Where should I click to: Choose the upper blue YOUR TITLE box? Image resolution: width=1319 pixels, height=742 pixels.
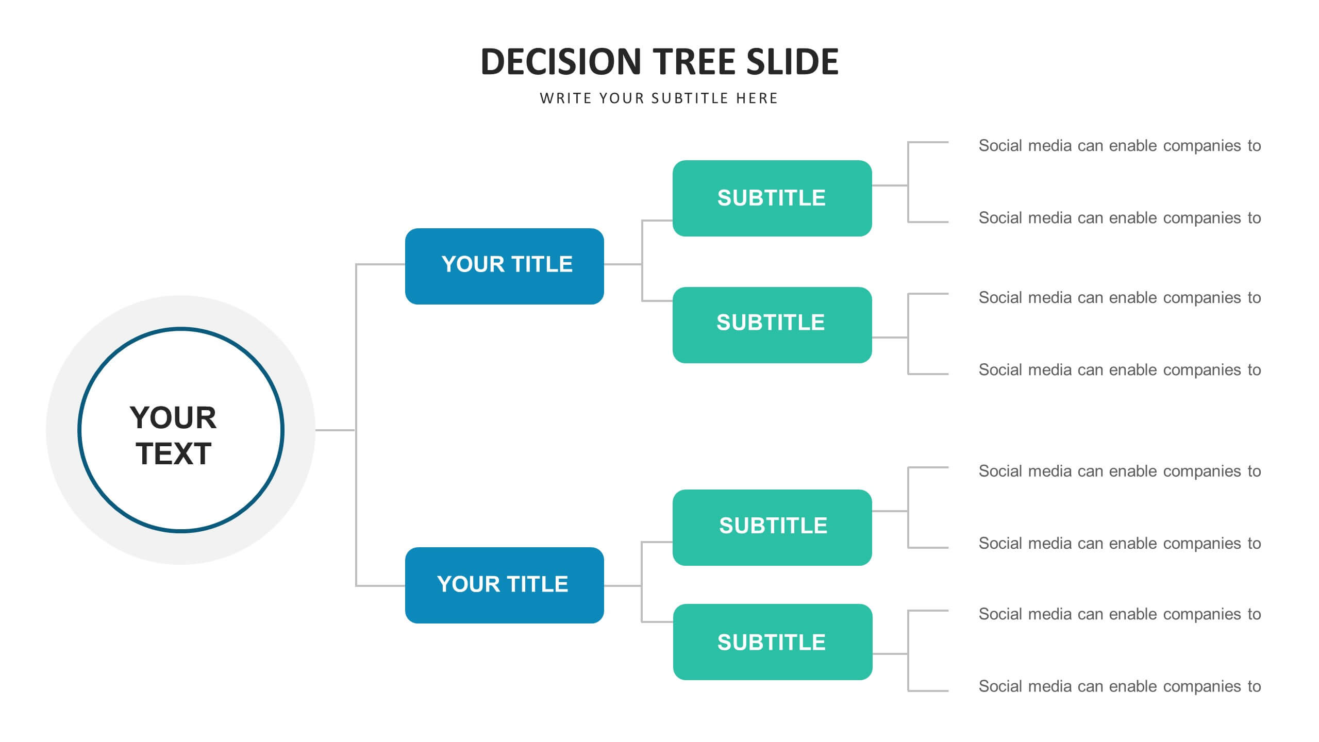pyautogui.click(x=505, y=266)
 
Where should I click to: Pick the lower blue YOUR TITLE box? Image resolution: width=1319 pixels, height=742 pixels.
pyautogui.click(x=505, y=585)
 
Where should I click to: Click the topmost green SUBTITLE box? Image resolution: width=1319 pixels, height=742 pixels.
pyautogui.click(x=772, y=198)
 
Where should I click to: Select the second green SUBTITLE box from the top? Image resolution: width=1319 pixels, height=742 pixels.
pyautogui.click(x=772, y=325)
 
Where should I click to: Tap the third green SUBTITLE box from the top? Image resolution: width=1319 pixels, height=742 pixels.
pyautogui.click(x=772, y=528)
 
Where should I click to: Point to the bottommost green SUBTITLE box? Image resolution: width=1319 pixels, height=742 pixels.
pyautogui.click(x=773, y=642)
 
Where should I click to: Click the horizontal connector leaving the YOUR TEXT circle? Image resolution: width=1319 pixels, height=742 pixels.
pyautogui.click(x=335, y=430)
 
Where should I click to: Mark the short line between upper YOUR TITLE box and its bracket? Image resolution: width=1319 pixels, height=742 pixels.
pyautogui.click(x=623, y=264)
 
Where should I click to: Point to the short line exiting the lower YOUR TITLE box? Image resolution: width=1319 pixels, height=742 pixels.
pyautogui.click(x=623, y=586)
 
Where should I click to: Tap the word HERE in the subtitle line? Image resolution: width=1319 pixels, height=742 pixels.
pyautogui.click(x=757, y=98)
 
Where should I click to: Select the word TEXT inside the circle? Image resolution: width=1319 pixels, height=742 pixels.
pyautogui.click(x=174, y=454)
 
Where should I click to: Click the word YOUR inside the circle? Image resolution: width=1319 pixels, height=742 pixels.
pyautogui.click(x=173, y=417)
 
